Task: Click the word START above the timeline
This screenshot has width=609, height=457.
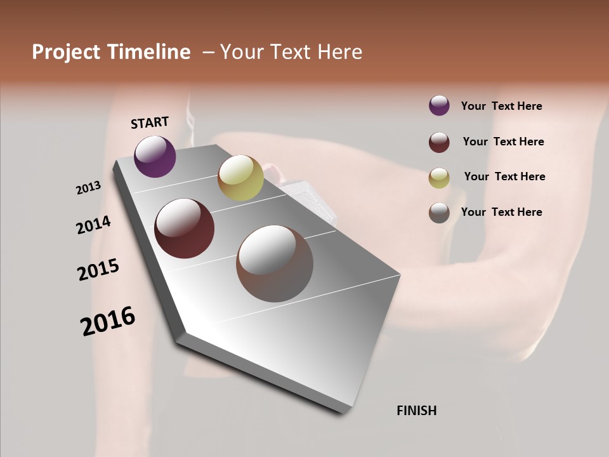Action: (x=150, y=123)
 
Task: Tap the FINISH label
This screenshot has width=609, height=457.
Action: (x=416, y=411)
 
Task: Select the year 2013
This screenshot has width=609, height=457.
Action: (x=89, y=188)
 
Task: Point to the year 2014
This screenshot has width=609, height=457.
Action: (x=93, y=225)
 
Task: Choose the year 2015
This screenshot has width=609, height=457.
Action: (x=98, y=270)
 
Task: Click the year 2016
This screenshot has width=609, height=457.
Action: (x=108, y=321)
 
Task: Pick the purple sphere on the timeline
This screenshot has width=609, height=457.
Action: (x=155, y=156)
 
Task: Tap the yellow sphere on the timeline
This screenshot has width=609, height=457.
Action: (x=240, y=178)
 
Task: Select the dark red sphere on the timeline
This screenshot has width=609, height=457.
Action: (x=185, y=228)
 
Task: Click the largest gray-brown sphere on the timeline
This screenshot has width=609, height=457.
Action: (x=275, y=263)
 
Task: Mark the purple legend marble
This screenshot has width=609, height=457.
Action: (x=439, y=106)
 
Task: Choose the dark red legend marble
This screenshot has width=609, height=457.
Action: (x=439, y=142)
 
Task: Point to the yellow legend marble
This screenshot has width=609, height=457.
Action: (x=439, y=178)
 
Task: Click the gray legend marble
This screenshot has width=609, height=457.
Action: (x=439, y=213)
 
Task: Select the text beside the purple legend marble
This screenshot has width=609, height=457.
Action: (x=501, y=106)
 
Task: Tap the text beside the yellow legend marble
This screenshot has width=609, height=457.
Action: (x=504, y=176)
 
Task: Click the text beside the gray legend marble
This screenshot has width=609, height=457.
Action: (x=501, y=212)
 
